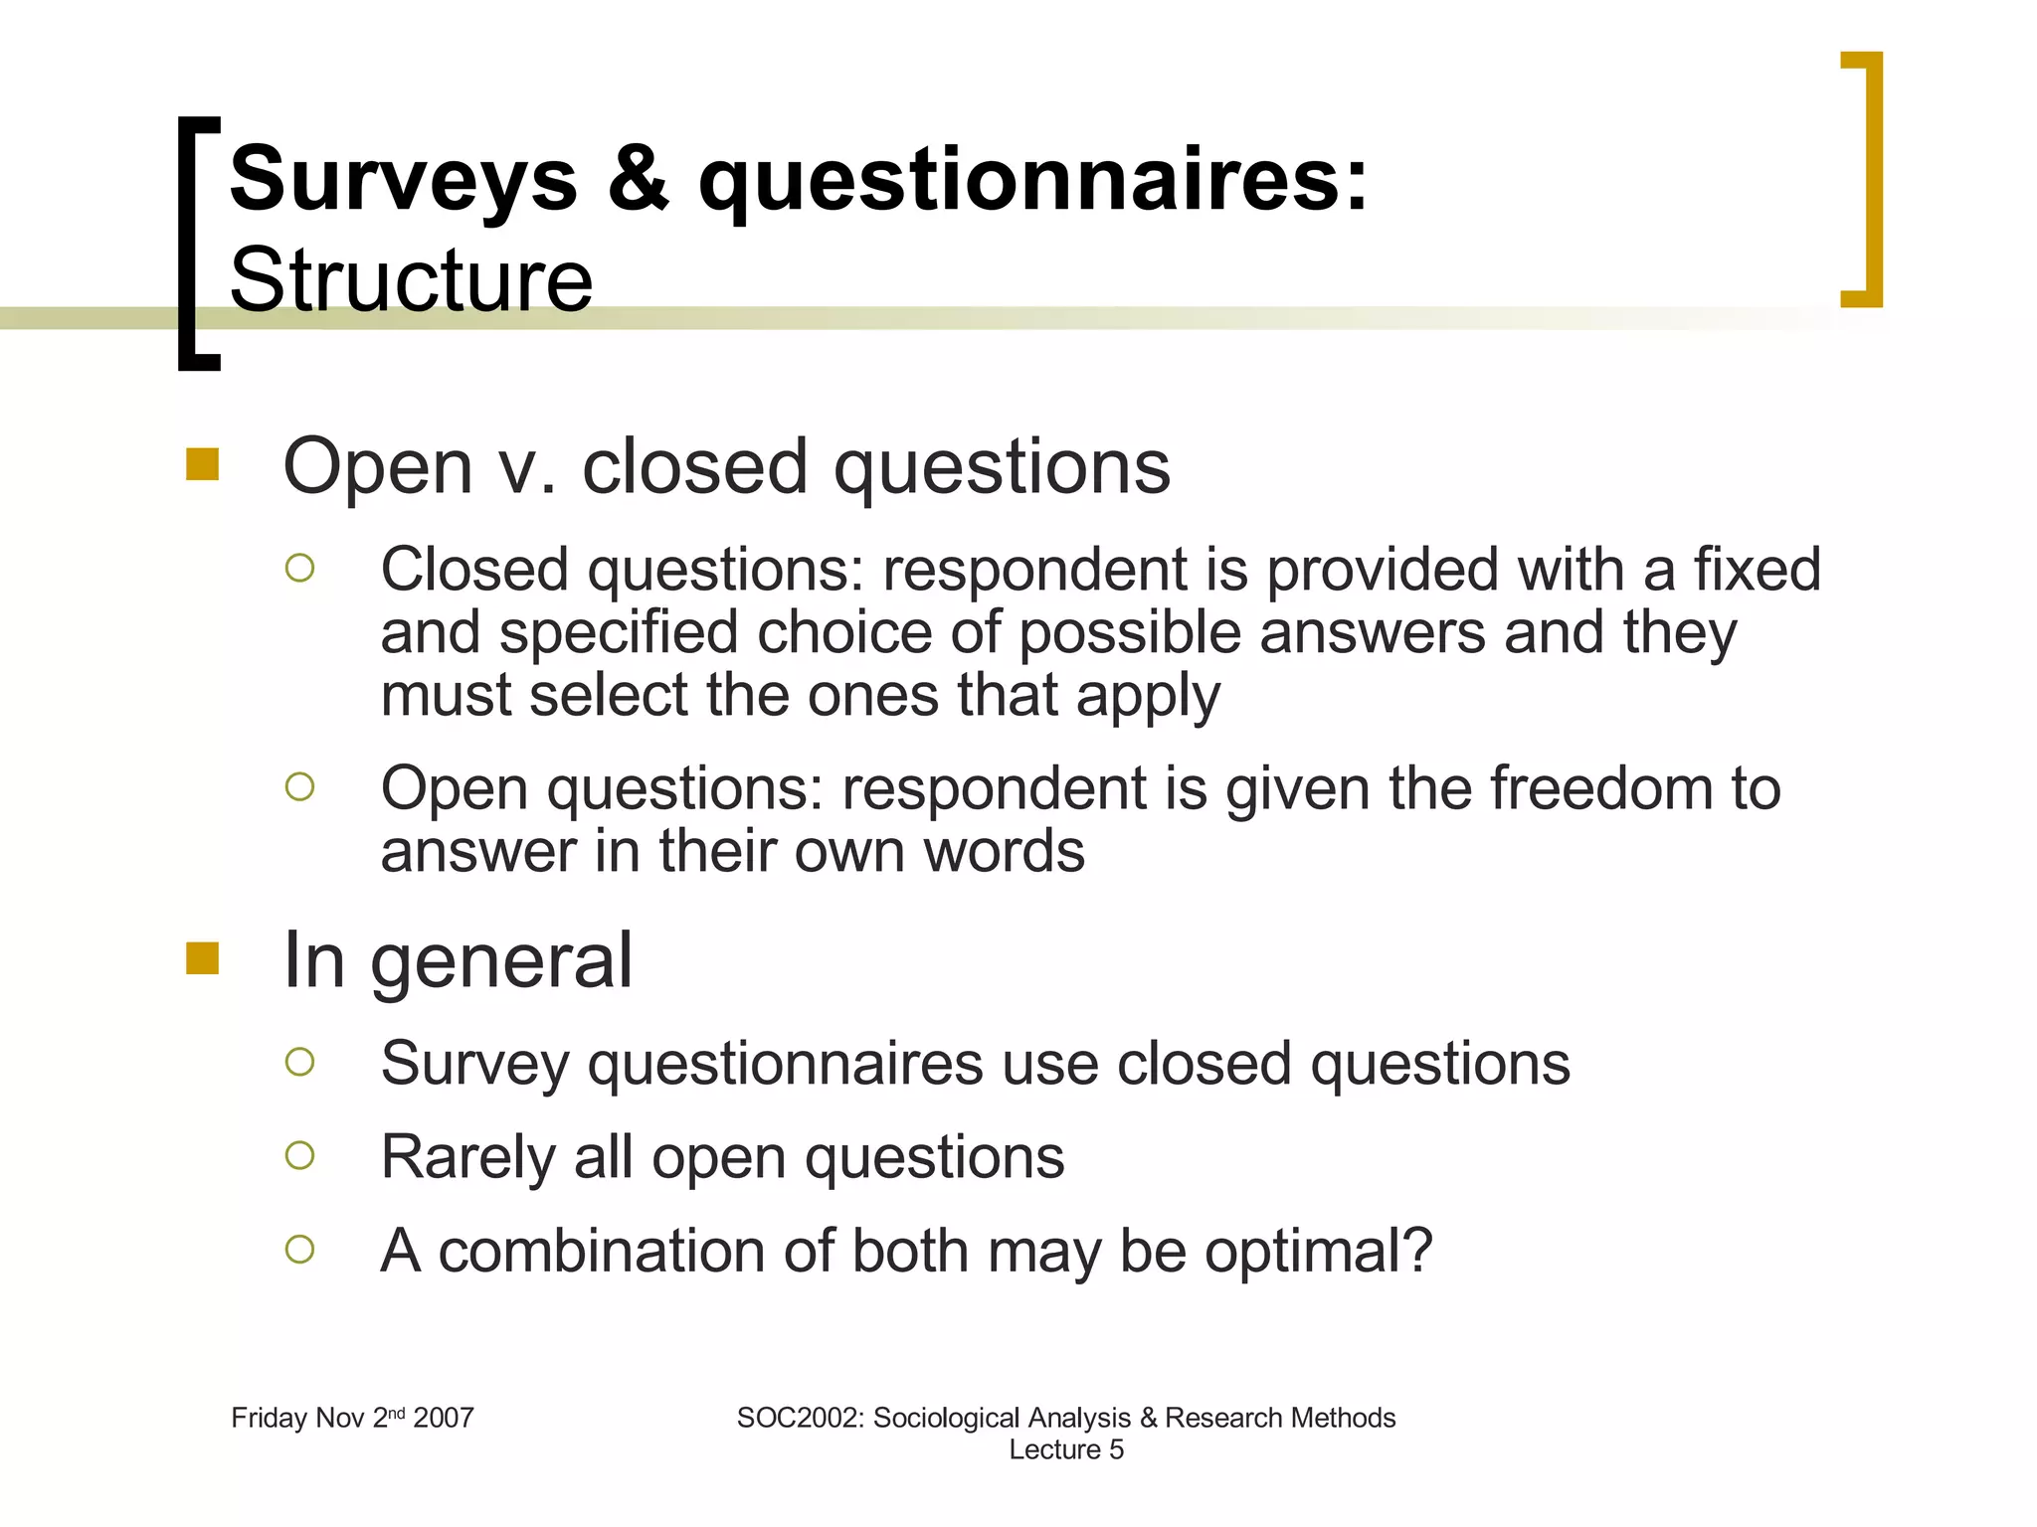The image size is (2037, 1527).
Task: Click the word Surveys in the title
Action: click(403, 180)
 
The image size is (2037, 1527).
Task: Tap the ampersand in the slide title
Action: click(638, 178)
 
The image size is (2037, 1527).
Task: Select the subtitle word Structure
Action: click(411, 280)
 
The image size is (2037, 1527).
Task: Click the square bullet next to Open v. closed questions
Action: click(202, 464)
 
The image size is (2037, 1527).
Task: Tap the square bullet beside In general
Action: click(202, 958)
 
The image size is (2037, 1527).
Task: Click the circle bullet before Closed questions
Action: click(299, 568)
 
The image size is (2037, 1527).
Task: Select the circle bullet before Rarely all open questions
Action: click(299, 1155)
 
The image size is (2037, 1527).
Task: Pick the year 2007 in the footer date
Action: click(444, 1418)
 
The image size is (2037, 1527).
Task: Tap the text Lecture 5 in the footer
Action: click(1065, 1449)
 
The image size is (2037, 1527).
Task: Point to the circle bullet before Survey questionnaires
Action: click(299, 1062)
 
